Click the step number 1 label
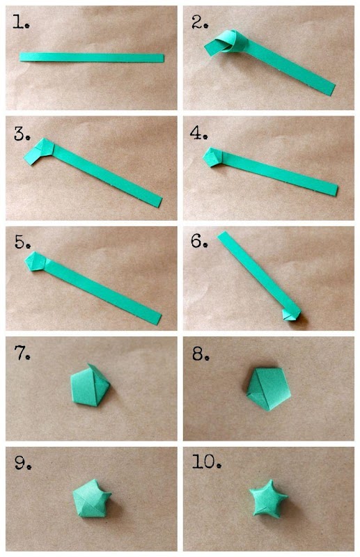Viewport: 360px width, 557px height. pos(21,22)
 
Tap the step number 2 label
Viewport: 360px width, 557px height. pos(200,22)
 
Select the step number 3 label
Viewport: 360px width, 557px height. pos(22,134)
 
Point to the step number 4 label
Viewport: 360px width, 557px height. pos(198,133)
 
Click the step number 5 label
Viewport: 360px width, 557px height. pos(22,242)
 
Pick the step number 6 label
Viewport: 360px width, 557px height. pos(199,241)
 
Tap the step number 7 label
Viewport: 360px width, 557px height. pos(22,353)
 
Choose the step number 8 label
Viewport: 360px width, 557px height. pos(201,354)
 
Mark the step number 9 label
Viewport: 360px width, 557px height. pos(23,462)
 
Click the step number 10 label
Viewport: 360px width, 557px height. pos(207,462)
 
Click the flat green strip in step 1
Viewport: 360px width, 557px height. pos(92,58)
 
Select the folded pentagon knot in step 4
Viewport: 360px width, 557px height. pos(213,157)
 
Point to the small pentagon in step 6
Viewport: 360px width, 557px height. pos(291,315)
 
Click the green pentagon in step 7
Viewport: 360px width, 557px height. pos(91,385)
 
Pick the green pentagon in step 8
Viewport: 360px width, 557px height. pos(269,389)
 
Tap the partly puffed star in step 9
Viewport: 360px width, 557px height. pos(91,498)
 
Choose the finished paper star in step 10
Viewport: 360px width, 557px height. pos(268,498)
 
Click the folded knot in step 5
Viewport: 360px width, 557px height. pos(36,262)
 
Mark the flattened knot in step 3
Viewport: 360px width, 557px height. pos(39,151)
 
